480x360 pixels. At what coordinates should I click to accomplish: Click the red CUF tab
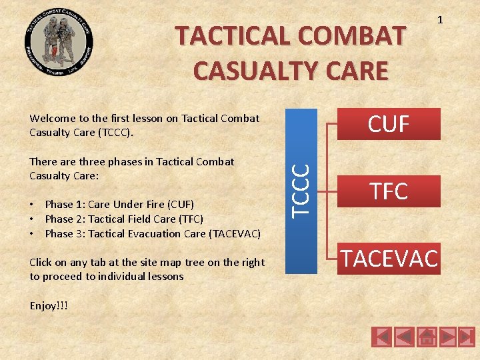click(389, 124)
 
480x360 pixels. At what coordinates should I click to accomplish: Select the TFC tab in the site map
click(389, 191)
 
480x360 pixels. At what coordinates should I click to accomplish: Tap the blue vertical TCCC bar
click(301, 191)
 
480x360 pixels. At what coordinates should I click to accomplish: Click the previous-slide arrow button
click(405, 337)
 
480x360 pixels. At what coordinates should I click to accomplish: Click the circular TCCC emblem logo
click(59, 45)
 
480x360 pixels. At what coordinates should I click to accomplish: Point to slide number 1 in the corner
click(439, 21)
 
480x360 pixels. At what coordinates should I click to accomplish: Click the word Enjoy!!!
click(48, 305)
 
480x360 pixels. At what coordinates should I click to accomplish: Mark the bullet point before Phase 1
click(33, 204)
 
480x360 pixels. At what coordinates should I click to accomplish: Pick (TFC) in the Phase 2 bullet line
click(189, 219)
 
